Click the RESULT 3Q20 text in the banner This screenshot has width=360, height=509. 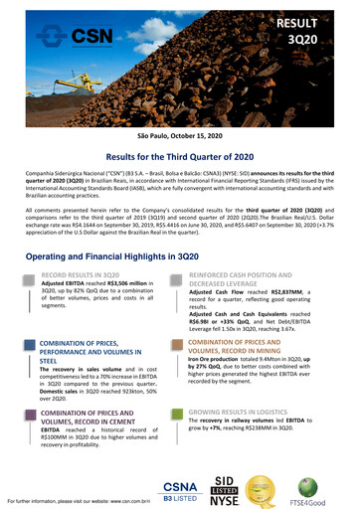pyautogui.click(x=326, y=29)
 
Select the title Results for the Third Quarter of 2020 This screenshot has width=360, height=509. pyautogui.click(x=179, y=156)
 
